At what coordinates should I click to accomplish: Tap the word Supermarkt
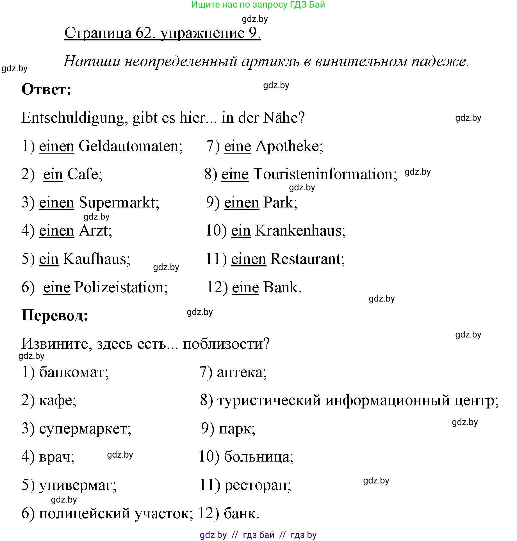tap(119, 203)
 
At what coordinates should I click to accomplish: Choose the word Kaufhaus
tap(96, 259)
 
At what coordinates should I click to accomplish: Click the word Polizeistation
tap(121, 287)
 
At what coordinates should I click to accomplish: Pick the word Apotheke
tap(289, 146)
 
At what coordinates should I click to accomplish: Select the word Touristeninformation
tap(325, 174)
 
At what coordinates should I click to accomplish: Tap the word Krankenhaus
tap(300, 231)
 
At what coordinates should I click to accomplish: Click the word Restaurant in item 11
tap(307, 259)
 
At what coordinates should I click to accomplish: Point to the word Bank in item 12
tap(282, 287)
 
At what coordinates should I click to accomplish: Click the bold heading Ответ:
tap(46, 90)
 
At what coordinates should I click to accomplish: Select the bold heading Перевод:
tap(55, 315)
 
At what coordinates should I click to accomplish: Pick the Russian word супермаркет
tap(85, 429)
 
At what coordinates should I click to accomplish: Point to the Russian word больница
tap(258, 457)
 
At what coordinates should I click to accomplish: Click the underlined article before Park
tap(241, 203)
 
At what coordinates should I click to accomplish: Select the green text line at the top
tap(258, 5)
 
